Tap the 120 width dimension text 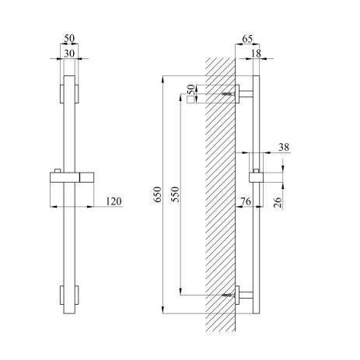coord(114,202)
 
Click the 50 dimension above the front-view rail coord(69,37)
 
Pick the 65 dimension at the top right coord(248,37)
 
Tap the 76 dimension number coord(246,202)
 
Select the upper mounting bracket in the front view coord(69,93)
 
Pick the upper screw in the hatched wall coord(227,93)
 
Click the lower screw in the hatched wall coord(227,295)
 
